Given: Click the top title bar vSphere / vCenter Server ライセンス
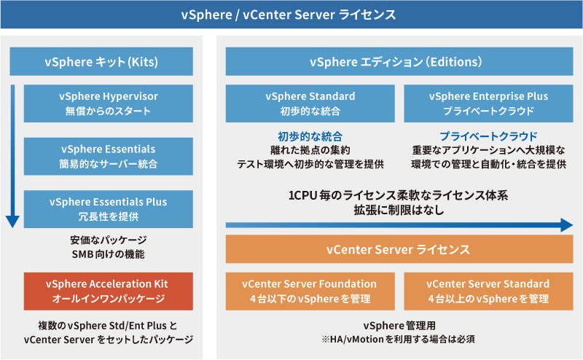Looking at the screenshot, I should [291, 15].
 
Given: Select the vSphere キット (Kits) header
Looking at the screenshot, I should [101, 61].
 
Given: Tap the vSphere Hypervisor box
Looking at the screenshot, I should [109, 103].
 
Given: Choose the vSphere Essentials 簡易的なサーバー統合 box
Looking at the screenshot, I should [109, 157].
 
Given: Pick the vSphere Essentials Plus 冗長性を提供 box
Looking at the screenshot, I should [109, 209].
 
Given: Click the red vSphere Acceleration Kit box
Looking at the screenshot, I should [109, 291].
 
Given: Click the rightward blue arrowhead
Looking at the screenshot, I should [567, 225].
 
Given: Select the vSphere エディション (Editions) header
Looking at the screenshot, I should [396, 61].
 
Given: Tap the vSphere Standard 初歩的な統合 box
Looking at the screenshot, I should [310, 103].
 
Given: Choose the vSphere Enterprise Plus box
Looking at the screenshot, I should [488, 103].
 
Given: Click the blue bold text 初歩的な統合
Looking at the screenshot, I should [310, 136].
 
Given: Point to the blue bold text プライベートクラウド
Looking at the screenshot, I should [488, 136].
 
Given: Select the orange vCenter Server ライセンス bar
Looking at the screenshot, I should [396, 249].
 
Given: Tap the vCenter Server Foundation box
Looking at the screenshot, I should [310, 291].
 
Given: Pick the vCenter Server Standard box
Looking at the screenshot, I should [488, 291].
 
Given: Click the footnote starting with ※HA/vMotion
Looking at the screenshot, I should [396, 340].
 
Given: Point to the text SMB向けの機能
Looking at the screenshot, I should [109, 254].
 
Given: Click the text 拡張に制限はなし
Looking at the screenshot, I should [396, 210].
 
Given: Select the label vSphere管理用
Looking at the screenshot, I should [396, 326].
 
